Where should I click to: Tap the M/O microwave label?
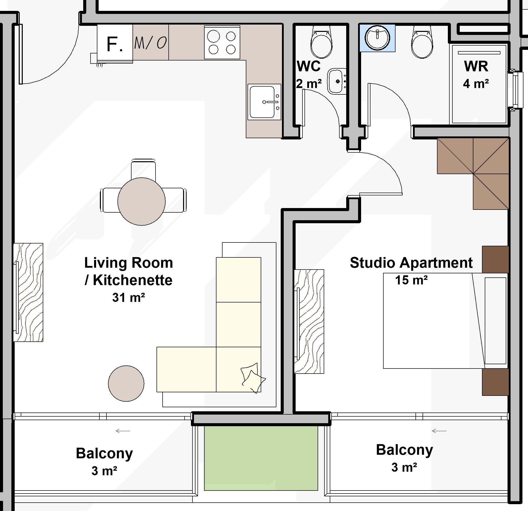click(x=150, y=43)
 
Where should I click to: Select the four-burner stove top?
click(x=222, y=42)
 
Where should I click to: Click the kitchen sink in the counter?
click(x=264, y=102)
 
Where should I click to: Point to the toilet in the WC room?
click(x=321, y=43)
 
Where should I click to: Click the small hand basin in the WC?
click(x=337, y=81)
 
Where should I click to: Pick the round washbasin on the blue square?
click(x=377, y=38)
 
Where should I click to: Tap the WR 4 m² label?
click(x=476, y=75)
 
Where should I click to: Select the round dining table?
click(x=141, y=201)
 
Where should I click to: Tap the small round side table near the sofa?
click(x=126, y=383)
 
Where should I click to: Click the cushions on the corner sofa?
click(x=253, y=378)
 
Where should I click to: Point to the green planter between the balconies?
click(x=261, y=458)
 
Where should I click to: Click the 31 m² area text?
click(x=128, y=298)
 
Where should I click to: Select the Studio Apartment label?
click(x=411, y=263)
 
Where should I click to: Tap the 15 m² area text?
click(x=411, y=280)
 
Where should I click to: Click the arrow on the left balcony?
click(x=123, y=431)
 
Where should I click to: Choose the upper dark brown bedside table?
click(x=495, y=259)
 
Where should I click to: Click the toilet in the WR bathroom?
click(x=422, y=43)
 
